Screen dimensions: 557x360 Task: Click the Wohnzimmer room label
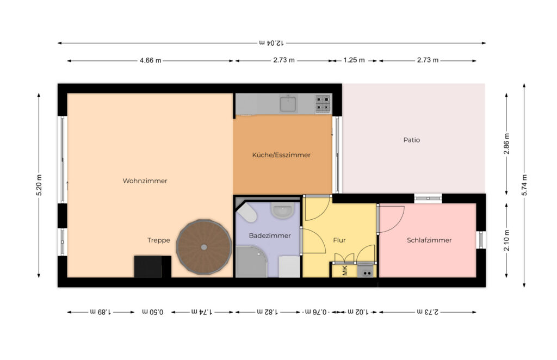(x=145, y=181)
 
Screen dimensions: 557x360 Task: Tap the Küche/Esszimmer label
(x=281, y=155)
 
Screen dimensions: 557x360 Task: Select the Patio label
(x=412, y=140)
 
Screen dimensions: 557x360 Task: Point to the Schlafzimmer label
(x=429, y=240)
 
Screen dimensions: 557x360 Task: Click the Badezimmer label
(x=270, y=235)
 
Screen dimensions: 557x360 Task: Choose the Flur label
(x=339, y=240)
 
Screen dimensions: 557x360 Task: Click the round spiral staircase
(x=204, y=247)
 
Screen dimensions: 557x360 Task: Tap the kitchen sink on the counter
(x=288, y=104)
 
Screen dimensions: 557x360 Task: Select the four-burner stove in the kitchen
(x=323, y=103)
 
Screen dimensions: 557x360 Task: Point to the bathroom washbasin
(x=283, y=210)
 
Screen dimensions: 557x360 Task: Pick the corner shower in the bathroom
(x=251, y=262)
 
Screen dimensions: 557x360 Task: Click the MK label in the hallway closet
(x=345, y=271)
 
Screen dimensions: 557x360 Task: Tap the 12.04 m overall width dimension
(x=271, y=43)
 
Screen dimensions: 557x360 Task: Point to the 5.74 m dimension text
(x=524, y=185)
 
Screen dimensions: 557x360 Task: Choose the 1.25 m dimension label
(x=354, y=60)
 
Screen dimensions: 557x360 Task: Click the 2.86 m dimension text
(x=506, y=144)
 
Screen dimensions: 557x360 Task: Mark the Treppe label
(x=159, y=240)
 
